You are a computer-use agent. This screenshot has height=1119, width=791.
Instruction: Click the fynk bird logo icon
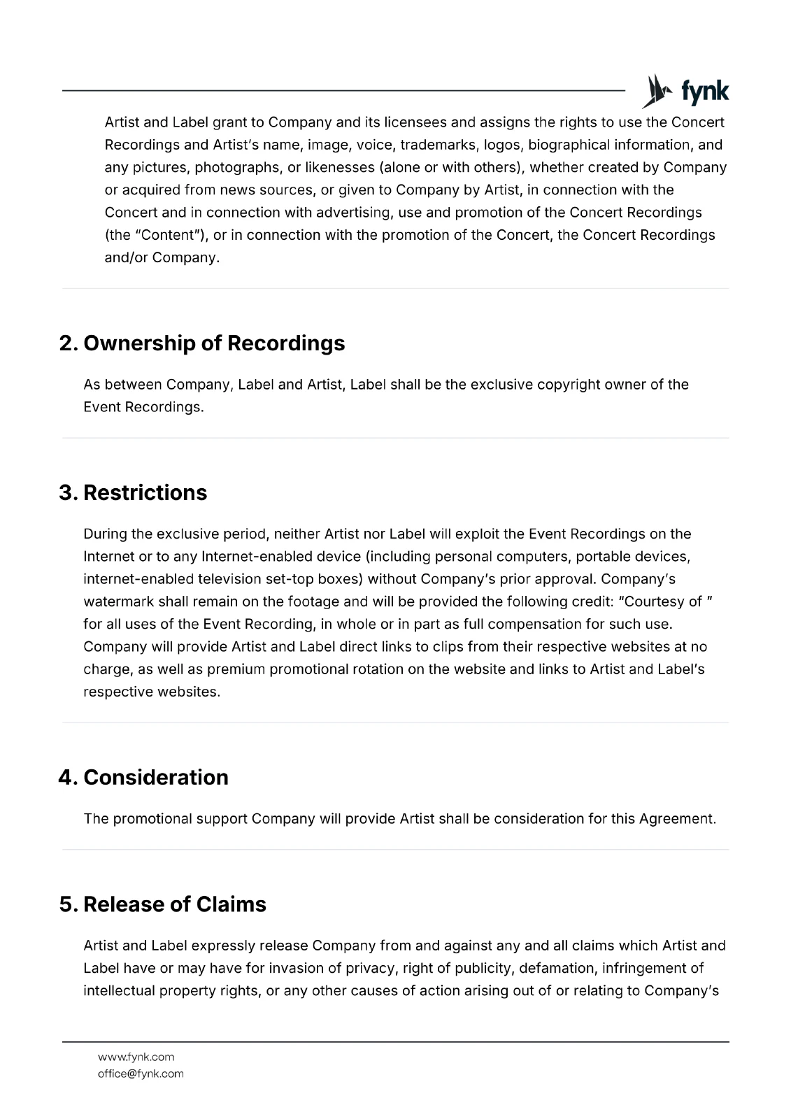click(x=656, y=91)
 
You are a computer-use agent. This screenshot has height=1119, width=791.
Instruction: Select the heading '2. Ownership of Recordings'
click(x=202, y=343)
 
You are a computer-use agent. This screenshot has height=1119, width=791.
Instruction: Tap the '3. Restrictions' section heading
click(x=133, y=493)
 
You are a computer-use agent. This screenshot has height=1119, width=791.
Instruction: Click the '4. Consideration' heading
click(x=143, y=778)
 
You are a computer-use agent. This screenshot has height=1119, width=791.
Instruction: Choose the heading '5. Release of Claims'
click(x=162, y=904)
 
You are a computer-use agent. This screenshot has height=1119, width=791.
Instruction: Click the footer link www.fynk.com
click(x=136, y=1057)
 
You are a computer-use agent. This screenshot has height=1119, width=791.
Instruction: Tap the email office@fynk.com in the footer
click(x=141, y=1074)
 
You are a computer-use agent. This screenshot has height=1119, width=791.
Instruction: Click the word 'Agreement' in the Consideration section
click(x=677, y=819)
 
